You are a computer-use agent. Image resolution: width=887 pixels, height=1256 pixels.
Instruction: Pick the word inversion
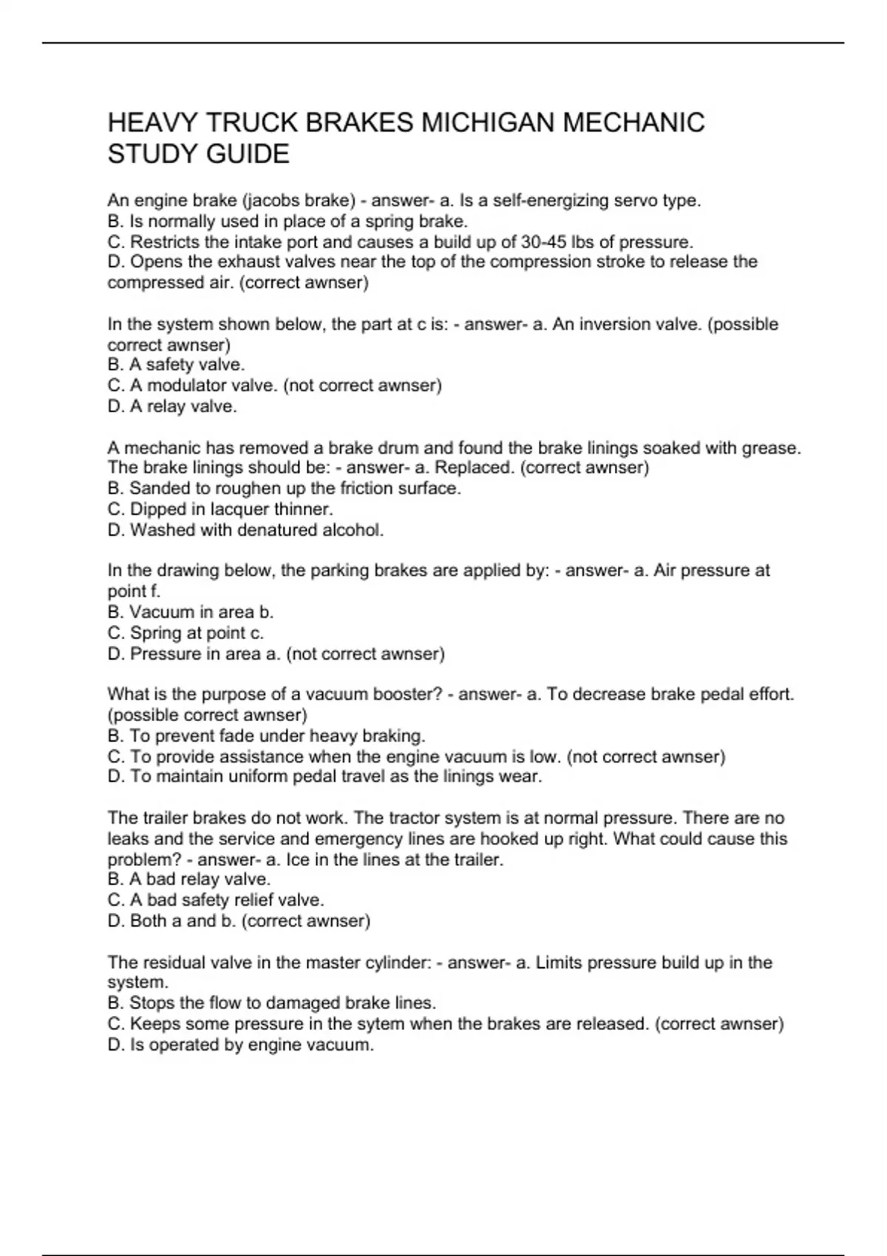tap(616, 324)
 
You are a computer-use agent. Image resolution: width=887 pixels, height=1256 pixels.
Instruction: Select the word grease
tap(769, 448)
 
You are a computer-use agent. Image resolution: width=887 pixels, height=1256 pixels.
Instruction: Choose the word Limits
tap(560, 963)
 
